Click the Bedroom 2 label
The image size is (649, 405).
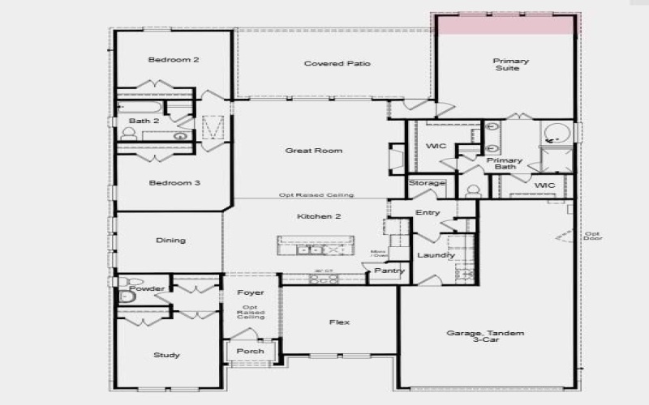pyautogui.click(x=174, y=60)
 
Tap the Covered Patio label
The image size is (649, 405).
pyautogui.click(x=337, y=63)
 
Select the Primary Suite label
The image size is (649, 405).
pyautogui.click(x=511, y=65)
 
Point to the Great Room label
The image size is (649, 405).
pyautogui.click(x=313, y=151)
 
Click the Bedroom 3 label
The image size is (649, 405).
pyautogui.click(x=174, y=183)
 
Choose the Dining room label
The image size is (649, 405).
pyautogui.click(x=170, y=240)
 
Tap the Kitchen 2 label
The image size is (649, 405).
pyautogui.click(x=313, y=216)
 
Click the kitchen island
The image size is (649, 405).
pyautogui.click(x=316, y=245)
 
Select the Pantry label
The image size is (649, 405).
pyautogui.click(x=389, y=271)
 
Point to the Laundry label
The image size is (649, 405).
pyautogui.click(x=436, y=255)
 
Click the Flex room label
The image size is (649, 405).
pyautogui.click(x=339, y=322)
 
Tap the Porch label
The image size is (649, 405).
pyautogui.click(x=250, y=352)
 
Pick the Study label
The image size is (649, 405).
pyautogui.click(x=166, y=356)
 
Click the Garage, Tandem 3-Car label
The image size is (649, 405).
pyautogui.click(x=486, y=338)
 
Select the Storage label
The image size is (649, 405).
pyautogui.click(x=427, y=183)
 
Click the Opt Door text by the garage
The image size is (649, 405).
pyautogui.click(x=592, y=237)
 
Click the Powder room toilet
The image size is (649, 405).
pyautogui.click(x=126, y=297)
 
